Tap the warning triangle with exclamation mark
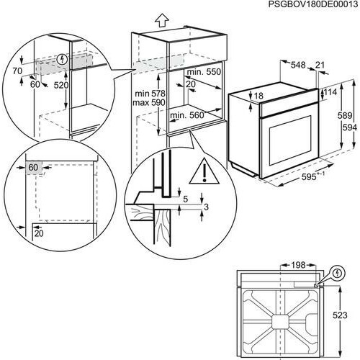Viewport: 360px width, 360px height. [x=202, y=172]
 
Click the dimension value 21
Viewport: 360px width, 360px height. [x=320, y=65]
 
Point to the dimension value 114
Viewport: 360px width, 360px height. [x=330, y=93]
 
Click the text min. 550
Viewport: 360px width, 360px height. [x=204, y=73]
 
